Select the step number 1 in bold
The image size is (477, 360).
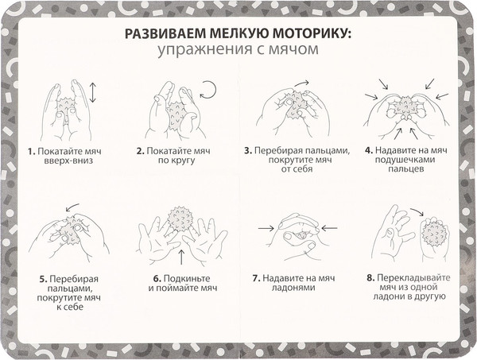29,150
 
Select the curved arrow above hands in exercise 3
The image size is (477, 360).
302,82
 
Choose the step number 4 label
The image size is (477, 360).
368,150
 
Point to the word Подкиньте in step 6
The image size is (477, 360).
188,279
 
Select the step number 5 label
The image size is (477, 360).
43,279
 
